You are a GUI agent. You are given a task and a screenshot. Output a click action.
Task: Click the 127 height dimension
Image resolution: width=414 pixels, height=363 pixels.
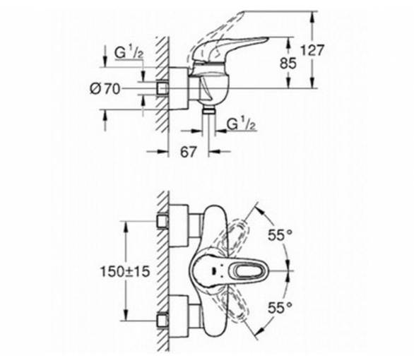pos(312,50)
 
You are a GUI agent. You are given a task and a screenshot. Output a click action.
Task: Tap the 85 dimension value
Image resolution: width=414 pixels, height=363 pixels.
pos(288,64)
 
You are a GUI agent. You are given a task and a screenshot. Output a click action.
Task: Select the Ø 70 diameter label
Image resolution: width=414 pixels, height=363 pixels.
pos(105,89)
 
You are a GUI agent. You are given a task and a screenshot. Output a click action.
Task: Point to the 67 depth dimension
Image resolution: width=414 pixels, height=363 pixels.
pos(188,152)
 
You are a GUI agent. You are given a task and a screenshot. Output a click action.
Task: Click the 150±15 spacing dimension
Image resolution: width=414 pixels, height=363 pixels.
pos(125,271)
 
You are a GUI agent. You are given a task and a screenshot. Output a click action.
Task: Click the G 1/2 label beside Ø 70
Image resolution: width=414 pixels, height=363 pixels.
pos(129,54)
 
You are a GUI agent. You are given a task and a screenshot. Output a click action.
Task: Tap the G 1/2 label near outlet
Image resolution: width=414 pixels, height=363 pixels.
pos(242,124)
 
